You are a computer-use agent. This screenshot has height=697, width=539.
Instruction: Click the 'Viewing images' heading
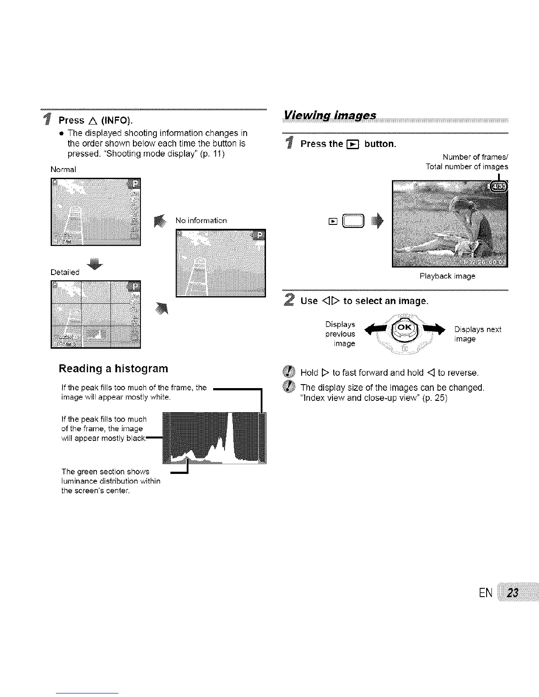coord(330,115)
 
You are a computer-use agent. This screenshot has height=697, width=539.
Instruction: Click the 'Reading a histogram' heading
coord(113,368)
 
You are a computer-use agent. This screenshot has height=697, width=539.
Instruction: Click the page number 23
coord(512,593)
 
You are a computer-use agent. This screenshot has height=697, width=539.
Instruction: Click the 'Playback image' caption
coord(447,276)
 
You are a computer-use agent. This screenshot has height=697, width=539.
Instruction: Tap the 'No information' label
coord(201,220)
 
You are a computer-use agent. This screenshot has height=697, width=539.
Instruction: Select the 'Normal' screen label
coord(63,169)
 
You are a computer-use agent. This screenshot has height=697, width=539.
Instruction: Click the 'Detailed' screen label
coord(65,272)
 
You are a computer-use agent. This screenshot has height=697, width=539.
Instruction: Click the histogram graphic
coord(214,438)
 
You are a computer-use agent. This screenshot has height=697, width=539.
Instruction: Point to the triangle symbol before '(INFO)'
coord(93,120)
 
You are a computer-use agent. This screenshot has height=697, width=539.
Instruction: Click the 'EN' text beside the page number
coord(485,593)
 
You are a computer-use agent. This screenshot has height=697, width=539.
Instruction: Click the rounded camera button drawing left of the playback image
coord(353,222)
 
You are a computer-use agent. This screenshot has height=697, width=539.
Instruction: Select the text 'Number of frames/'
coord(476,157)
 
